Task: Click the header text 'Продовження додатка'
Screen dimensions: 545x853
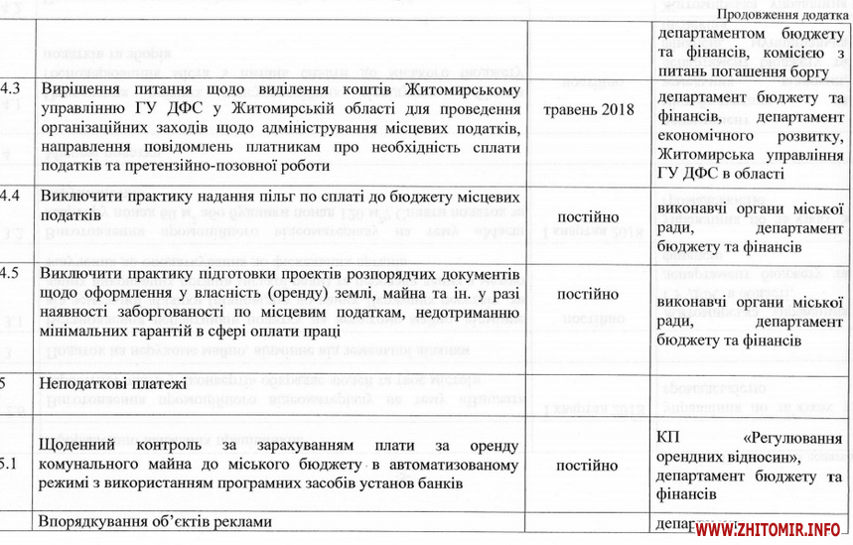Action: [x=781, y=14]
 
